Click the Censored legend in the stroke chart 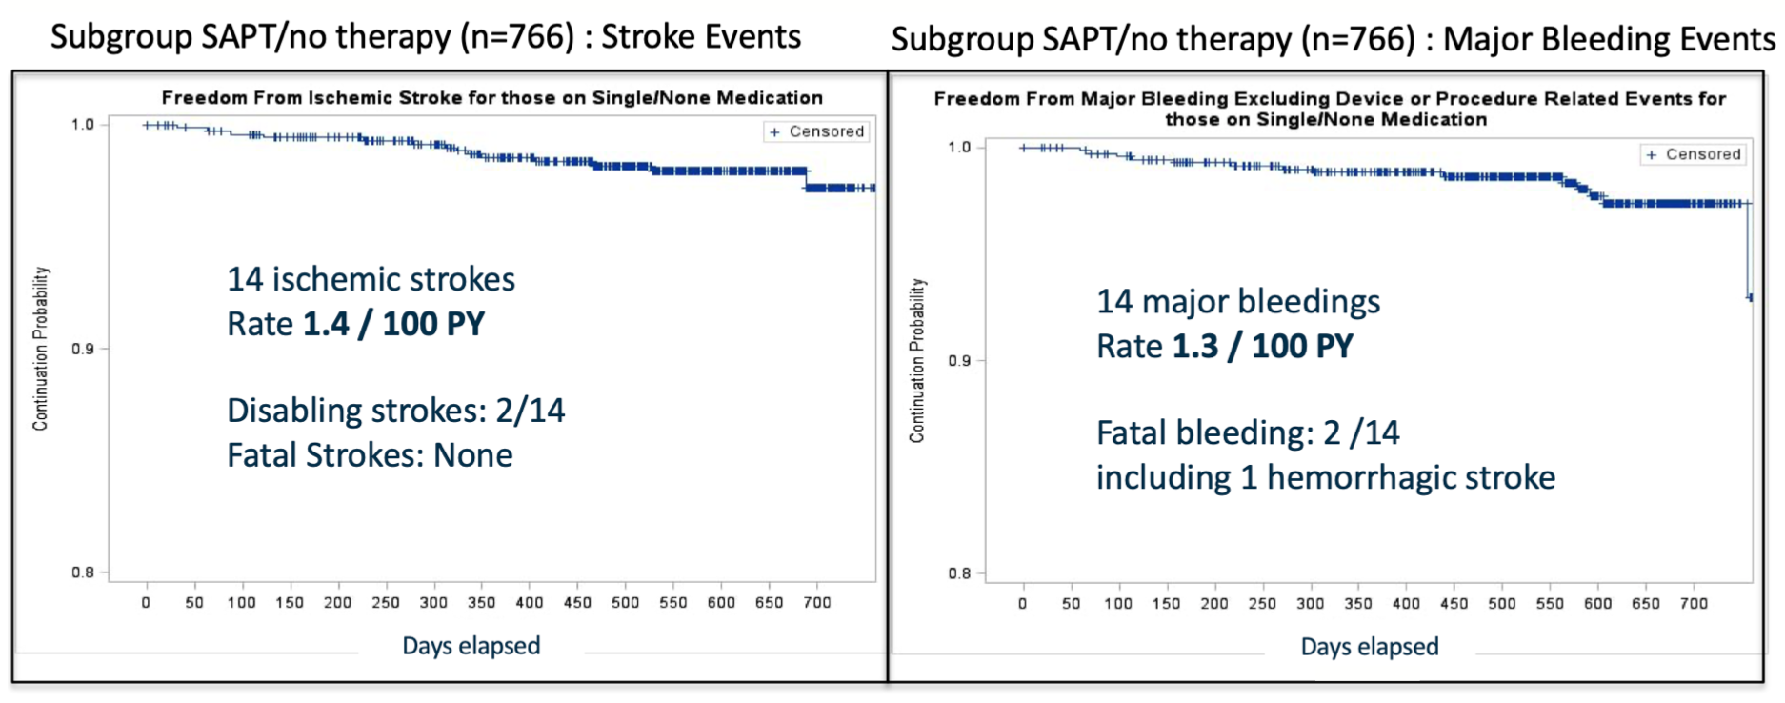coord(816,131)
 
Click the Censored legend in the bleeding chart coord(1694,154)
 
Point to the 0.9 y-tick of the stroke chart coord(83,349)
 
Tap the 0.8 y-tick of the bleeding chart coord(959,573)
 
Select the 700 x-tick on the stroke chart coord(817,602)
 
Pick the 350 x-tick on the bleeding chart coord(1358,603)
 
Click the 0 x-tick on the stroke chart coord(146,602)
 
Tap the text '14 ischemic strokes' coord(371,279)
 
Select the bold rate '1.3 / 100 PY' coord(1262,346)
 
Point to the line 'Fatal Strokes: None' coord(370,455)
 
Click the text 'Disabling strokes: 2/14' coord(395,411)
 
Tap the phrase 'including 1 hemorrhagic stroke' coord(1325,477)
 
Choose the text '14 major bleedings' coord(1237,301)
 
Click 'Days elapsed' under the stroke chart coord(471,646)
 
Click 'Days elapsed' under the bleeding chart coord(1370,647)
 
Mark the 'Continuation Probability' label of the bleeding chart coord(916,360)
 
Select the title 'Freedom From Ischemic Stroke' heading coord(491,97)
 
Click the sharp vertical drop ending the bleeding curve coord(1749,252)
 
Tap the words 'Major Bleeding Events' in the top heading coord(1609,39)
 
